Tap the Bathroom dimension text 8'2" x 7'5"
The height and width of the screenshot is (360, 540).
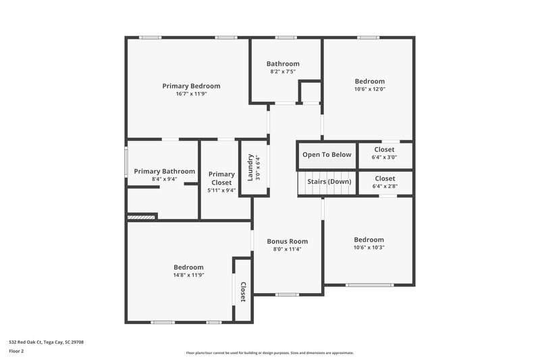click(283, 72)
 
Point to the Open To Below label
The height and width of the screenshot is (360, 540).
click(327, 155)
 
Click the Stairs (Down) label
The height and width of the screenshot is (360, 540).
click(329, 182)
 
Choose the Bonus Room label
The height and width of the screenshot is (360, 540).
click(287, 241)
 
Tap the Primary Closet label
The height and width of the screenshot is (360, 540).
click(221, 178)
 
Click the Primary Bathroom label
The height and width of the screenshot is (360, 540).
click(164, 172)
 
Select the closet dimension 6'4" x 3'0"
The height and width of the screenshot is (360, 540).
click(384, 157)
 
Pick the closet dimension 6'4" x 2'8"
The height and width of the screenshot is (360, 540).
click(384, 186)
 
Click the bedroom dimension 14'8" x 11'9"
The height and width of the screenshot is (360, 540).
click(188, 275)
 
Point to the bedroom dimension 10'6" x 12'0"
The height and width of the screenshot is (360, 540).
click(369, 89)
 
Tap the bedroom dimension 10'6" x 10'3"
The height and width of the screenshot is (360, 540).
click(369, 247)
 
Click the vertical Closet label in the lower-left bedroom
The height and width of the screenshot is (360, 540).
click(243, 291)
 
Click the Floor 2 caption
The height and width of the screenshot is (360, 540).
click(17, 351)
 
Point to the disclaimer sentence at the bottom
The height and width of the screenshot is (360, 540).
click(269, 353)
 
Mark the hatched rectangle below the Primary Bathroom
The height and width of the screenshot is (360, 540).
click(142, 217)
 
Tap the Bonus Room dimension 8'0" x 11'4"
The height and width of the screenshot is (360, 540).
click(287, 249)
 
